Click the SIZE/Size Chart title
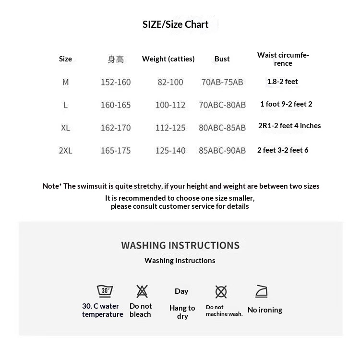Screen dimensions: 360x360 (175, 24)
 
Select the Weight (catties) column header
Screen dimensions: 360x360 (168, 59)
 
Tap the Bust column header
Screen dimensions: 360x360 (222, 59)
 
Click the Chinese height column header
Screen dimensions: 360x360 (116, 60)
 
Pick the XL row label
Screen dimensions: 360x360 (65, 128)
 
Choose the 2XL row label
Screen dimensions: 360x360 (65, 151)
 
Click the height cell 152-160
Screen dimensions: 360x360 (116, 82)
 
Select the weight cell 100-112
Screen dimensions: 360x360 (170, 105)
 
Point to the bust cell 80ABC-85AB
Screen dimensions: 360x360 (222, 128)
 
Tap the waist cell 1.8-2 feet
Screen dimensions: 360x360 (282, 82)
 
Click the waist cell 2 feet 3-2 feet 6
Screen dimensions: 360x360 (283, 150)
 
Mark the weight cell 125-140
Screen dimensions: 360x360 (170, 151)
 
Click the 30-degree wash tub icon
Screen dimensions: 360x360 (105, 291)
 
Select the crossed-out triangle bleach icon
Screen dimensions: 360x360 (142, 291)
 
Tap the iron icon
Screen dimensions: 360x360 (261, 291)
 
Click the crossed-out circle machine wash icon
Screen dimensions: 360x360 (221, 291)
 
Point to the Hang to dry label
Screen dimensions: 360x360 (182, 312)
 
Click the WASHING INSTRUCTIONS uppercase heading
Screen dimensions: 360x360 (180, 245)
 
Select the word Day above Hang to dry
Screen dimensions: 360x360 (181, 291)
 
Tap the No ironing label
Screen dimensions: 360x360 (264, 310)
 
